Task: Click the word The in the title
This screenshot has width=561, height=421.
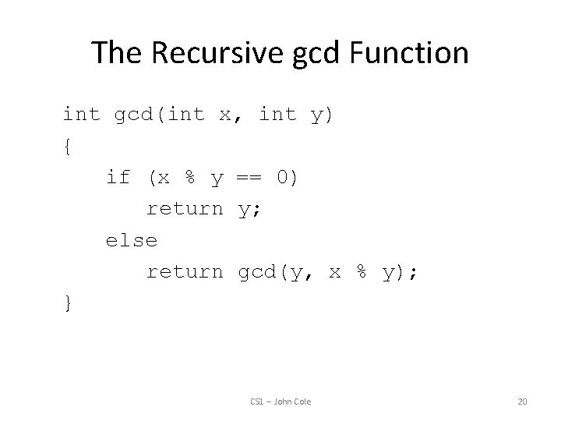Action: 116,53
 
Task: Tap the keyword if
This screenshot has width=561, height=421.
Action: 118,177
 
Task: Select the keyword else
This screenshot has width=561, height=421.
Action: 132,240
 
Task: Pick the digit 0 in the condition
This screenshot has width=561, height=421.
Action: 284,177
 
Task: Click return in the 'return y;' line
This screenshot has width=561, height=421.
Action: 185,209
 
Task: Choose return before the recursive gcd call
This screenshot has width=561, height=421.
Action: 185,271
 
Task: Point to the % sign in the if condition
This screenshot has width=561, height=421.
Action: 188,177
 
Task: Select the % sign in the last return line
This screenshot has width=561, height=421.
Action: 362,271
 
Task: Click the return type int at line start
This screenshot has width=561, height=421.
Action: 81,115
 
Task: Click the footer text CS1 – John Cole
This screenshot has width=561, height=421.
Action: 280,402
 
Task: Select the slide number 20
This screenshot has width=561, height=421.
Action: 522,402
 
